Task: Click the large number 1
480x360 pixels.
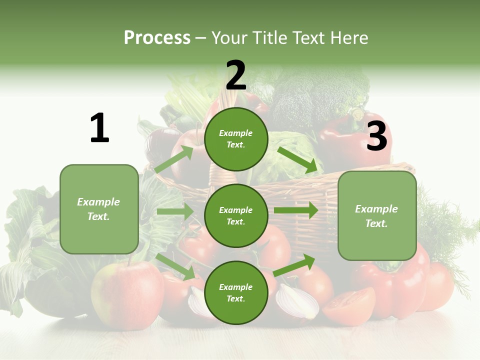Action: tap(99, 128)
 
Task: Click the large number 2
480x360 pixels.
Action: tap(236, 75)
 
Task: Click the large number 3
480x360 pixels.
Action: tap(376, 136)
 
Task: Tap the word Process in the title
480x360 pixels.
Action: tap(157, 37)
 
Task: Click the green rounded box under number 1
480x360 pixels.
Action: tap(99, 209)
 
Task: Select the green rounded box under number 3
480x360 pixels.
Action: tap(377, 215)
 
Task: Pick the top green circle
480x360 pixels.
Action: tap(236, 139)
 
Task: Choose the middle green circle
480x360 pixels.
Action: tap(236, 215)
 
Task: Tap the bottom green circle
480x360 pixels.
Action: tap(236, 292)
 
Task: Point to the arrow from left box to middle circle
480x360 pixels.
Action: tap(175, 211)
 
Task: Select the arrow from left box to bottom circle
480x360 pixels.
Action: tap(176, 266)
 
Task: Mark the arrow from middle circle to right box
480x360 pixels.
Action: tap(295, 210)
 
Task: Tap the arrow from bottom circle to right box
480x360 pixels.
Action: tap(294, 265)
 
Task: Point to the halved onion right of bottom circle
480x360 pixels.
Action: tap(297, 301)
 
